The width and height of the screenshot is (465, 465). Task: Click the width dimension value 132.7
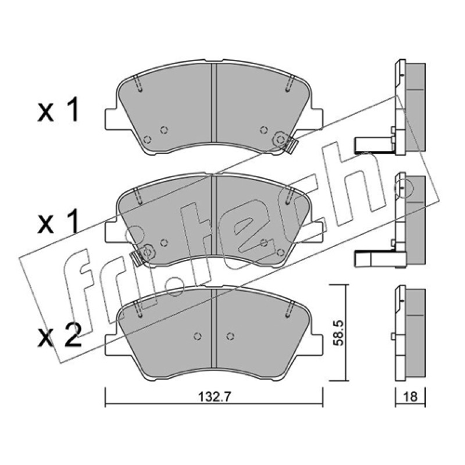pyautogui.click(x=214, y=396)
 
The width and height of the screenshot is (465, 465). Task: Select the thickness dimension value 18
pyautogui.click(x=410, y=396)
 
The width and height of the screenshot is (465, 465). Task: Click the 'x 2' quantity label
pyautogui.click(x=59, y=335)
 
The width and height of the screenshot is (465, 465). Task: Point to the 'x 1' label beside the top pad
pyautogui.click(x=59, y=110)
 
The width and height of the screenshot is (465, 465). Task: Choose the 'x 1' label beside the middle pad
pyautogui.click(x=59, y=221)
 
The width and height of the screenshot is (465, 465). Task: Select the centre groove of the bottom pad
pyautogui.click(x=214, y=328)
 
